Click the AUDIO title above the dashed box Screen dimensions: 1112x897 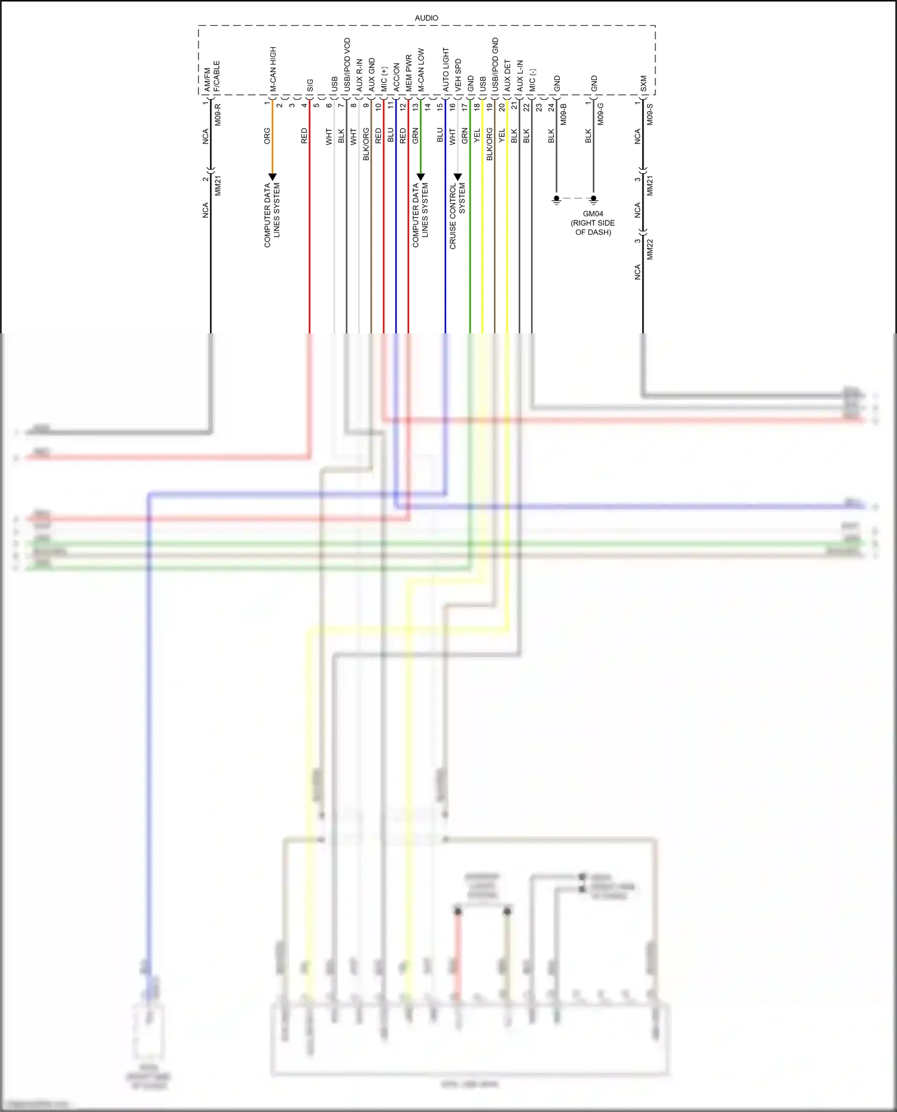(426, 19)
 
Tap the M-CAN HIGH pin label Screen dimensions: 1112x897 (273, 69)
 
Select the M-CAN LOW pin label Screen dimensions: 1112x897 (421, 70)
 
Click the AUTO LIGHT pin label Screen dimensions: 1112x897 (446, 70)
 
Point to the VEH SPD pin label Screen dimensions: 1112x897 (458, 75)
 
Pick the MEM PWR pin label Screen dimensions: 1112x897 (408, 73)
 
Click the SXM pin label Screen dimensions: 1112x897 (643, 83)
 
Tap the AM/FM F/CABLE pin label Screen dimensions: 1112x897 (211, 76)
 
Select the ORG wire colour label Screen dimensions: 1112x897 (267, 136)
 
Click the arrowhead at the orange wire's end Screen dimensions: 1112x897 (273, 177)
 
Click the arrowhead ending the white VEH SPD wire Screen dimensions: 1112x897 (458, 177)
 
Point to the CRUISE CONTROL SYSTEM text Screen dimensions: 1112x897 (457, 216)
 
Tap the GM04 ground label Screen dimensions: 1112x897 (593, 214)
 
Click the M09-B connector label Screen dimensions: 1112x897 (563, 114)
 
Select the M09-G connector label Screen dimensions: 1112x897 (600, 114)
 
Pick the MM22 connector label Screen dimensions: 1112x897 (650, 249)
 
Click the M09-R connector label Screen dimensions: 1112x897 (218, 114)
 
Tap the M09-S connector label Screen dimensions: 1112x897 (650, 114)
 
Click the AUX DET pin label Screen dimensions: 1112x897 (508, 76)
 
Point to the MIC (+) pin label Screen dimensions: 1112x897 (384, 79)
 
